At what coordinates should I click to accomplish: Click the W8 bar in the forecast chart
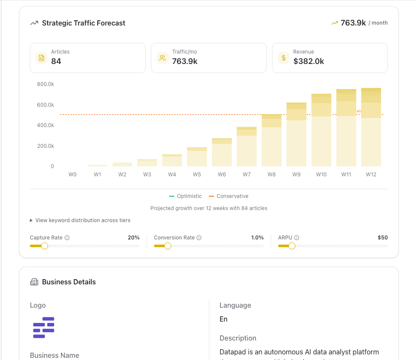[x=271, y=140]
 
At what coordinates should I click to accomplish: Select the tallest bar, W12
[x=371, y=127]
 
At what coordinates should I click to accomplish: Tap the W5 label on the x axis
[x=197, y=175]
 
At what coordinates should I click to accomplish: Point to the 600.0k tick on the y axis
[x=45, y=105]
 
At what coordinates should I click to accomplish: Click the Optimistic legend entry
[x=186, y=196]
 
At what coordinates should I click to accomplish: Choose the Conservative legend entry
[x=229, y=196]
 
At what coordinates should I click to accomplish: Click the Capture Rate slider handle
[x=44, y=246]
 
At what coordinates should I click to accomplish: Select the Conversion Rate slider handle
[x=168, y=246]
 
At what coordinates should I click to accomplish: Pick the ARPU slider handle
[x=292, y=246]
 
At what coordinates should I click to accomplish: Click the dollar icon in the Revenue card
[x=284, y=58]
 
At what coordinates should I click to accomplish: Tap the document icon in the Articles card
[x=42, y=58]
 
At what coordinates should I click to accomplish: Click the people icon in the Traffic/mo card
[x=163, y=58]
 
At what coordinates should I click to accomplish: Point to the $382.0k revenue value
[x=308, y=61]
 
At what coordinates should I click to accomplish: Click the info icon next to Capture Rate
[x=67, y=238]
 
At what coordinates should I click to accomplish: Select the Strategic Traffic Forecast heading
[x=83, y=23]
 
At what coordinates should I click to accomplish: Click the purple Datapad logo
[x=44, y=327]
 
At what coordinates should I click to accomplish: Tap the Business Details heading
[x=69, y=282]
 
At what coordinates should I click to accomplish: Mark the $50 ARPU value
[x=382, y=238]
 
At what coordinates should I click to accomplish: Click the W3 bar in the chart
[x=147, y=163]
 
